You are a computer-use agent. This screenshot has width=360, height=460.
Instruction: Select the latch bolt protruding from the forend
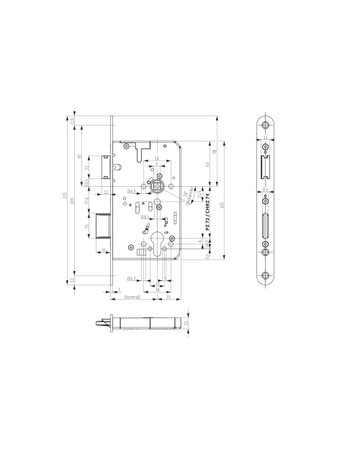(x=103, y=163)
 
